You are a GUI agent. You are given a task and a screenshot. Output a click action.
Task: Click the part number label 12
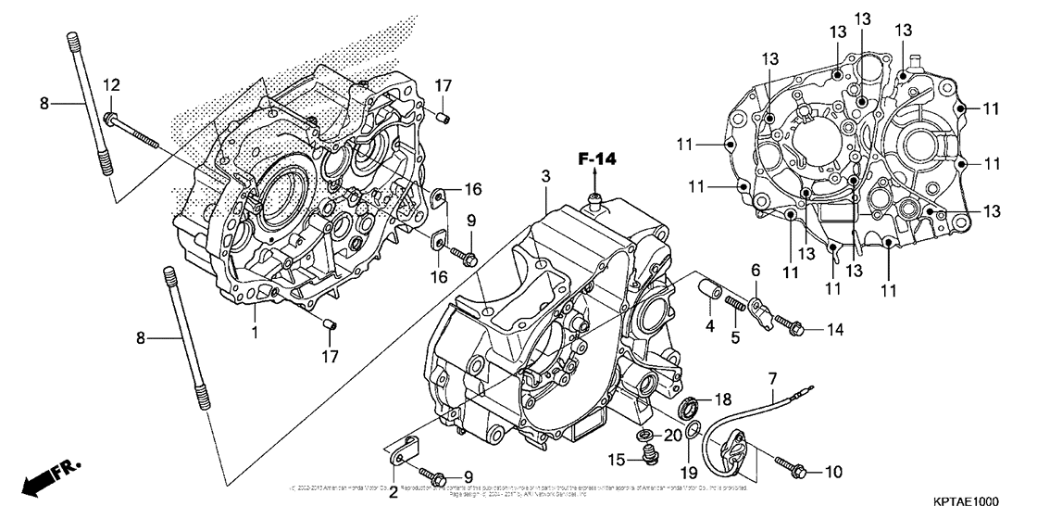(111, 85)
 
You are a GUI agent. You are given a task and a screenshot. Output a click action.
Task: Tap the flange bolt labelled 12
(130, 128)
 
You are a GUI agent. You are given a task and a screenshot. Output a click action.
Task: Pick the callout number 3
(546, 176)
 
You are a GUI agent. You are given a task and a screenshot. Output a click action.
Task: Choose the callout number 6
(756, 270)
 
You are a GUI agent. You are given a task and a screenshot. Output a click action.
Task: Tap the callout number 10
(832, 472)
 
